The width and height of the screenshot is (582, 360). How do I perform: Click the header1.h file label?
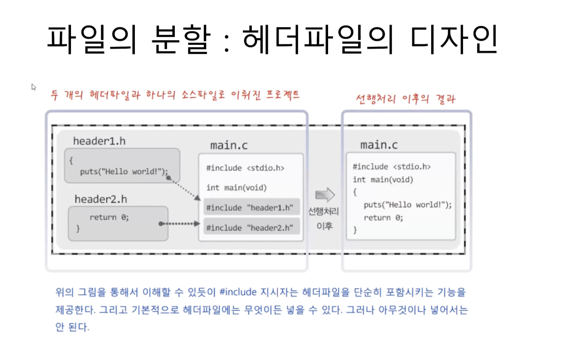click(99, 141)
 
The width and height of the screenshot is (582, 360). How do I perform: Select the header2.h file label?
click(101, 199)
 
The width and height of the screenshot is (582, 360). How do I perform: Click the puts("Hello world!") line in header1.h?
click(123, 171)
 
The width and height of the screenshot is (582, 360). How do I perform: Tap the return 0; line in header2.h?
click(109, 217)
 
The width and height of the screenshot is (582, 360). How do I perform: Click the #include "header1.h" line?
click(249, 208)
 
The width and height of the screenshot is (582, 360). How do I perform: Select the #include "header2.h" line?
click(249, 228)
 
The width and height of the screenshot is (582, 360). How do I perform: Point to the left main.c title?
click(229, 145)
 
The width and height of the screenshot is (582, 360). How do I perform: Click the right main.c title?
click(379, 145)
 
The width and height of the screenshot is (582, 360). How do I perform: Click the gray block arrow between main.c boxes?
click(325, 195)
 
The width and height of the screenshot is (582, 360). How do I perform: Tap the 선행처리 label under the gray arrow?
click(323, 211)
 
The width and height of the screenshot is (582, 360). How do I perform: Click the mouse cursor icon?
click(33, 87)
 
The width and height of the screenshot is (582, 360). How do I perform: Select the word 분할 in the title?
click(181, 40)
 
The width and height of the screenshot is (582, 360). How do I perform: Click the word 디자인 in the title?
click(454, 40)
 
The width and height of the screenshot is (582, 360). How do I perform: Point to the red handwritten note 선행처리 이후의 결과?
click(405, 99)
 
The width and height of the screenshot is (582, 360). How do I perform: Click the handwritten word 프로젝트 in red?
click(282, 95)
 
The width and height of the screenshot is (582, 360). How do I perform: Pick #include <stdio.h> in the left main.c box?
click(245, 168)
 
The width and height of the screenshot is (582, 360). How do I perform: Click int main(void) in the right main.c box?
click(383, 180)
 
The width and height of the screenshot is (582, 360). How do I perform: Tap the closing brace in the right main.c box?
click(355, 230)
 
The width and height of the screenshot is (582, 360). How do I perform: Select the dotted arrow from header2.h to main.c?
click(179, 224)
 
